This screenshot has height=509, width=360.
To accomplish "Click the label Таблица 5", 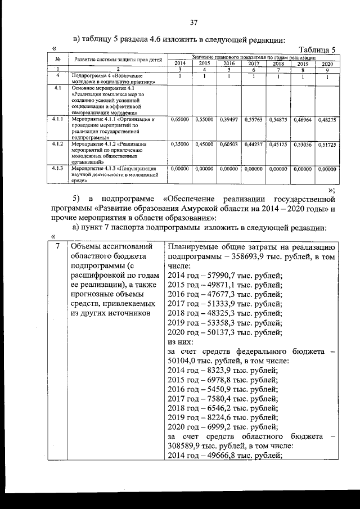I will click(x=317, y=49).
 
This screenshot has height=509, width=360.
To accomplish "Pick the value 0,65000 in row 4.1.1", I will click(x=179, y=120).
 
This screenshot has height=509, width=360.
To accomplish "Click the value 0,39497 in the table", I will click(x=228, y=120).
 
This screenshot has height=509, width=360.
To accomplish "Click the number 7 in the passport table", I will click(x=58, y=246).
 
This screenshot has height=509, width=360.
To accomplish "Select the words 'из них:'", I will click(x=181, y=341).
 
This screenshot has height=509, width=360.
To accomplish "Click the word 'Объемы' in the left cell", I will click(x=85, y=246).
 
